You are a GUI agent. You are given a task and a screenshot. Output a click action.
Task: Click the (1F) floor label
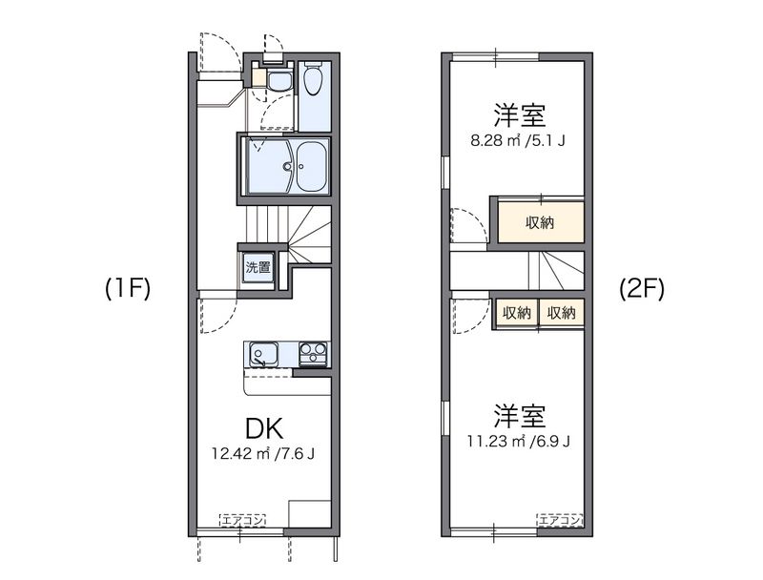pos(128,288)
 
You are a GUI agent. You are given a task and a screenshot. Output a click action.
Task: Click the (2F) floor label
pos(641,288)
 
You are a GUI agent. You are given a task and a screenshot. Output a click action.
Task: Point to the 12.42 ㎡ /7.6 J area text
pos(263,453)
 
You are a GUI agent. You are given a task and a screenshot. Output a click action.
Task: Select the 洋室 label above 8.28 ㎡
pos(519,116)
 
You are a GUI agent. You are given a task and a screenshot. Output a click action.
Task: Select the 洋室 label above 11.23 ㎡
pos(519,416)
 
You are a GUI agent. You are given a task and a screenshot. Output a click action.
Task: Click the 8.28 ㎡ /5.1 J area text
pos(519,141)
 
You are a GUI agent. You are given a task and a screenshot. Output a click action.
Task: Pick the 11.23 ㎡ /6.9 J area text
pos(520,441)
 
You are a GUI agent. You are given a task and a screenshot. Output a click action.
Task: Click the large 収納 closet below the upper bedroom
pos(540,222)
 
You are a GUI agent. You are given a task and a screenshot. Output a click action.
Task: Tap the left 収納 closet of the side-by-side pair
pos(517,312)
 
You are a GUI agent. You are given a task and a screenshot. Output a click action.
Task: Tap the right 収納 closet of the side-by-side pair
pos(561,312)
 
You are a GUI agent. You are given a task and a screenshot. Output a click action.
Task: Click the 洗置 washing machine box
pos(258,268)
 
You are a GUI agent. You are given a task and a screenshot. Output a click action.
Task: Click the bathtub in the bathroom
pos(311,167)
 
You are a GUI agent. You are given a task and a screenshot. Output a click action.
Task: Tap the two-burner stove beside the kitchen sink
pos(313,355)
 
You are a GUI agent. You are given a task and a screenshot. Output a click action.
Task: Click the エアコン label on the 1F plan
pos(242,520)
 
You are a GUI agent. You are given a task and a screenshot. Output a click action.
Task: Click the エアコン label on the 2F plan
pos(560,520)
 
